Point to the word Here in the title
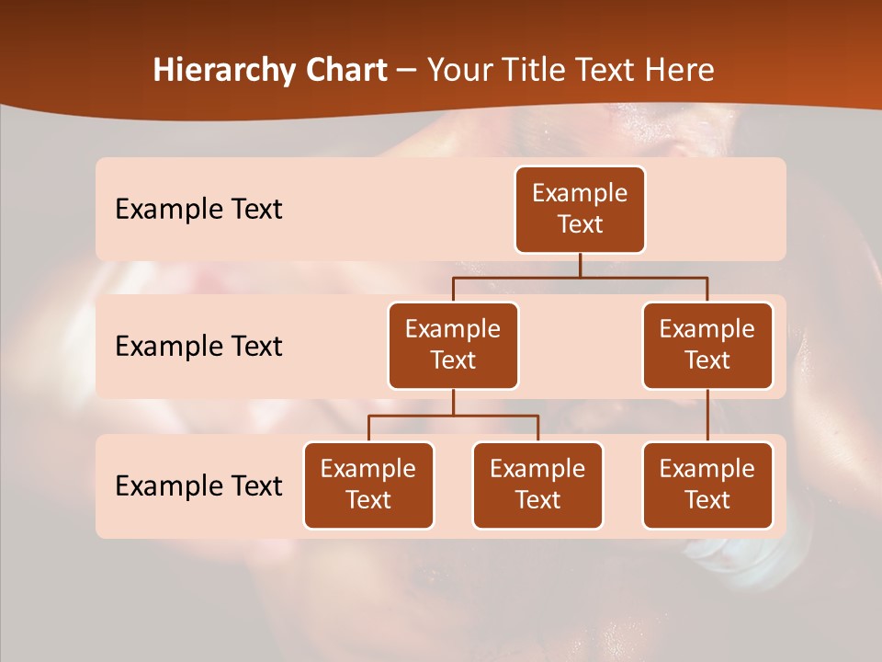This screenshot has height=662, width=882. (x=679, y=71)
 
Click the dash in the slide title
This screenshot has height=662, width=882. (x=407, y=72)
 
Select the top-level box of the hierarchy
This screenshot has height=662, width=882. (x=580, y=210)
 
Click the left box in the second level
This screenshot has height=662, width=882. (x=453, y=346)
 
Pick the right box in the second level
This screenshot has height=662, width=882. (x=707, y=346)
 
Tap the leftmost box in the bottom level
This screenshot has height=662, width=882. (x=368, y=485)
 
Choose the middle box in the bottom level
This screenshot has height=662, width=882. (x=537, y=485)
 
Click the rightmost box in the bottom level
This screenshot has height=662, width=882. (x=707, y=485)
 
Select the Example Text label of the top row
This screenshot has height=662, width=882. (x=198, y=210)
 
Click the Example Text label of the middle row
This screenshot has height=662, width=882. (x=198, y=347)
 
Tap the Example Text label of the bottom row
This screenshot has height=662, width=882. (x=198, y=485)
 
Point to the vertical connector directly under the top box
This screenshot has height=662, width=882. (x=580, y=265)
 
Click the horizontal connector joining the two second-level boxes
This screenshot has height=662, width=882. (x=580, y=277)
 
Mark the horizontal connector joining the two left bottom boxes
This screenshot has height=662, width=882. (x=453, y=416)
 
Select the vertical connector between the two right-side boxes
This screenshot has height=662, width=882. (x=707, y=416)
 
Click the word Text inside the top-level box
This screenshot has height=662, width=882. (x=580, y=224)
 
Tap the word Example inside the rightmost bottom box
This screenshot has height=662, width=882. (x=707, y=469)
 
